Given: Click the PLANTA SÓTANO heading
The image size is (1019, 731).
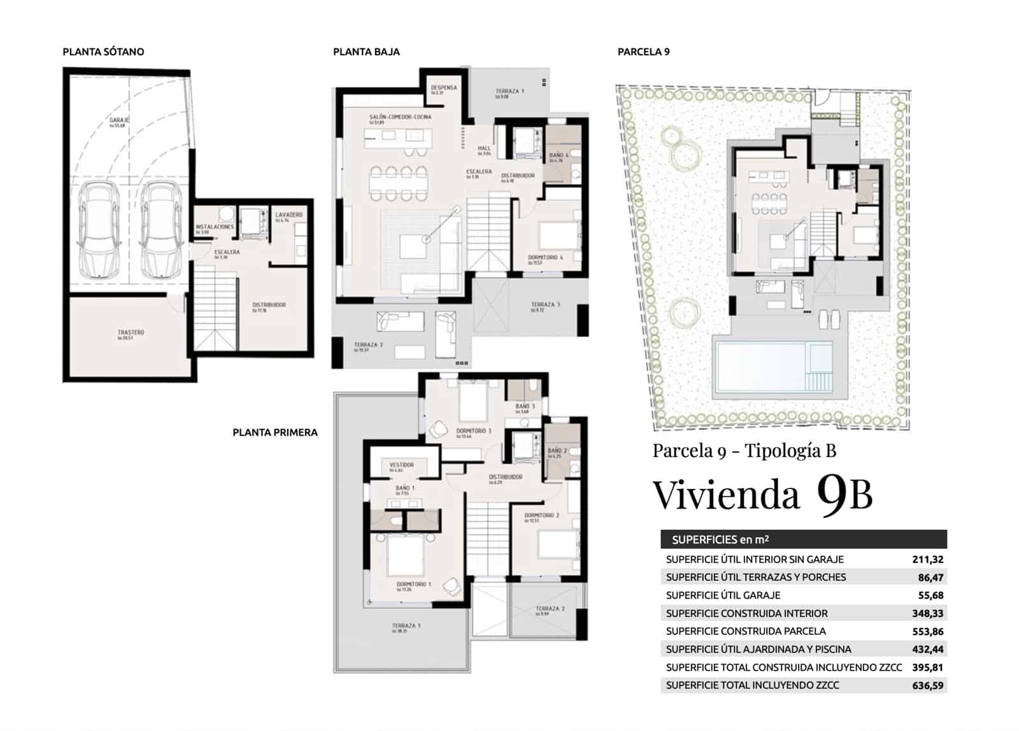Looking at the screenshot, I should point(103,52).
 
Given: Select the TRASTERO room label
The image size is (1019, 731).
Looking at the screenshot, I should point(131,333).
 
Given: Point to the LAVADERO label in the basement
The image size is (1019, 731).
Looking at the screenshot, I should point(289,215).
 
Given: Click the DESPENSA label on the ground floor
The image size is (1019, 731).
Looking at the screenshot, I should point(443,89).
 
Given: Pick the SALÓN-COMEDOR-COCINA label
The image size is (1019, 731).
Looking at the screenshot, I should point(400,117).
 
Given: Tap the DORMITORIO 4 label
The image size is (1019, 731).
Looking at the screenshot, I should point(545,258).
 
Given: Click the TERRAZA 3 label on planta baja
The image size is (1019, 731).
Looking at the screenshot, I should point(545,305).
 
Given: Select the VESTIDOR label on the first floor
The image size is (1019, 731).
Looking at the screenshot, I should point(401,465).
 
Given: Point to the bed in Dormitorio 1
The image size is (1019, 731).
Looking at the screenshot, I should point(405,555).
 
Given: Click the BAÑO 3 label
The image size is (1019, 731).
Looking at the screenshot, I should point(525,406).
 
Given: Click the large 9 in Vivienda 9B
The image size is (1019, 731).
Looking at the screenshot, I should point(830,493).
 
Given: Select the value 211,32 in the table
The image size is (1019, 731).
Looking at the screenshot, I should point(927,560).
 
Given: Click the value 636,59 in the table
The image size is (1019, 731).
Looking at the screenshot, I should point(927,686).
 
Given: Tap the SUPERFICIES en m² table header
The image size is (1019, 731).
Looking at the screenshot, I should point(720,539).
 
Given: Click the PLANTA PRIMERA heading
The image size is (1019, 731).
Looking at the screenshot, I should point(275,432).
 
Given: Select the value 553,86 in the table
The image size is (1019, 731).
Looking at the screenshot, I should point(927,632).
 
